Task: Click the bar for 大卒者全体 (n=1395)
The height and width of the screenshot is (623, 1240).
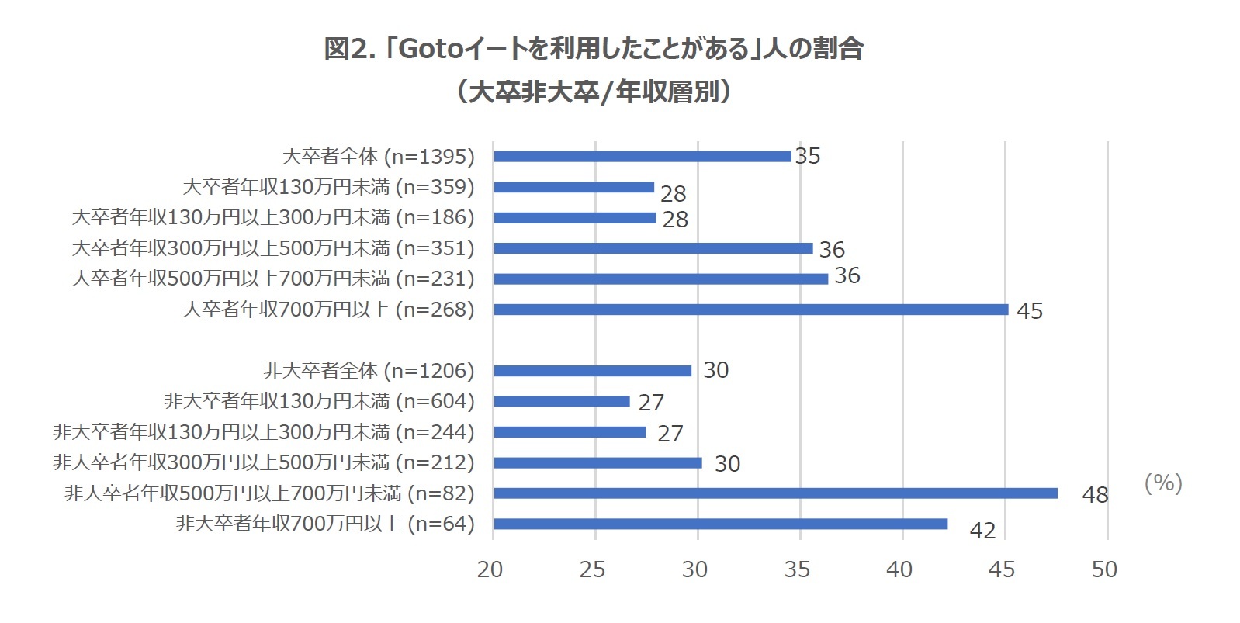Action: click(x=642, y=156)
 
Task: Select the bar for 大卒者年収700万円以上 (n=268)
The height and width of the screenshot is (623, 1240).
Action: click(x=750, y=310)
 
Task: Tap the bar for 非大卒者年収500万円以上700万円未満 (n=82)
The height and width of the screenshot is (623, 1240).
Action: click(x=775, y=493)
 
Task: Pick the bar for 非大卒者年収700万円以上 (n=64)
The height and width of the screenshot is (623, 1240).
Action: click(x=720, y=524)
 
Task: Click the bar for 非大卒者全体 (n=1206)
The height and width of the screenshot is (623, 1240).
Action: click(x=592, y=371)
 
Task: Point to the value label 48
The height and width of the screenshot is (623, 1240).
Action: click(x=1095, y=495)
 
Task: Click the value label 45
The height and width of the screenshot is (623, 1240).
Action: click(x=1030, y=311)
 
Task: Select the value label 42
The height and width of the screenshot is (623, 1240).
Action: click(x=982, y=531)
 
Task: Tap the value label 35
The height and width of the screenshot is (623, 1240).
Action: click(x=808, y=156)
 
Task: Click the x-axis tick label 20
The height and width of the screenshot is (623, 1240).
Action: click(x=490, y=570)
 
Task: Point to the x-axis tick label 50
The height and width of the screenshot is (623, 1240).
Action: click(x=1104, y=570)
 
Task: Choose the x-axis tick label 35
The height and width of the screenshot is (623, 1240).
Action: click(x=797, y=570)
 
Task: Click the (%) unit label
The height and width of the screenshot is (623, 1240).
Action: click(x=1162, y=483)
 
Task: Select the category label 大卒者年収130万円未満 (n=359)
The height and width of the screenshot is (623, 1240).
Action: click(x=328, y=187)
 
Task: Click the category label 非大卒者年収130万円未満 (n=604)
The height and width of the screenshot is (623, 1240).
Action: click(x=319, y=401)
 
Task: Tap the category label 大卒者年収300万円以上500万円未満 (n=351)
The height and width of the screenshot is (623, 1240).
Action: click(x=273, y=248)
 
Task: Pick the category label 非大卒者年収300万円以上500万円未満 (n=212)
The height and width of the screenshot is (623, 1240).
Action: click(x=264, y=462)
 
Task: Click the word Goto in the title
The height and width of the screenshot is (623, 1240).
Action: click(x=430, y=50)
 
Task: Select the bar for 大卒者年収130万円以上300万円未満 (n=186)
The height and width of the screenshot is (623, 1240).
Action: click(x=574, y=218)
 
